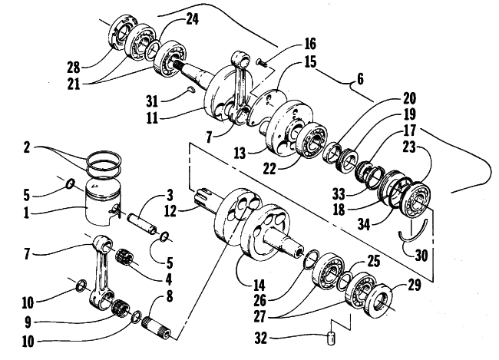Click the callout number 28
tap(73, 68)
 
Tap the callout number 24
tap(192, 20)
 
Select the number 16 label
tap(310, 44)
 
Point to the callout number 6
tap(360, 78)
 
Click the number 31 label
tap(152, 101)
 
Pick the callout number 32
tap(261, 339)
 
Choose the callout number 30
tap(421, 255)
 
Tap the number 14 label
tap(259, 286)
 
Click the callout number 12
tap(170, 211)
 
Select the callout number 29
tap(414, 285)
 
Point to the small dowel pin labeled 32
tap(332, 339)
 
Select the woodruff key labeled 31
tap(191, 90)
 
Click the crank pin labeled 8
tap(157, 327)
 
